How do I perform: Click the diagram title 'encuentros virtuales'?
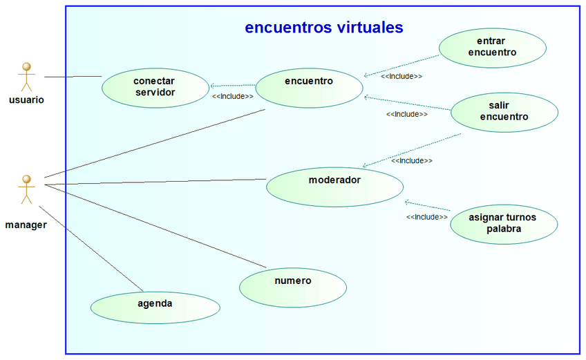(x=323, y=28)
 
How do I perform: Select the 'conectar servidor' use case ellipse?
(x=155, y=87)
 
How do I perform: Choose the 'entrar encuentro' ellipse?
(x=492, y=47)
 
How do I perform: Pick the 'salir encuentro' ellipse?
(x=504, y=111)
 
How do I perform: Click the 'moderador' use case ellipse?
(x=334, y=185)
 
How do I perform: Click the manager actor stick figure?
(x=26, y=189)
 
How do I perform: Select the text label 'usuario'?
(x=27, y=100)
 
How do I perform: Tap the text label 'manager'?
(x=26, y=225)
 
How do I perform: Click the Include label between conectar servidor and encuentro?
(x=232, y=97)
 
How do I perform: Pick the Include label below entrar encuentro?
(x=401, y=76)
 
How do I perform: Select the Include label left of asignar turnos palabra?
(x=426, y=217)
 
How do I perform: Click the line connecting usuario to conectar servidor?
(x=73, y=76)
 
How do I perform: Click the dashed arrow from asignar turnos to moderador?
(x=427, y=206)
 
